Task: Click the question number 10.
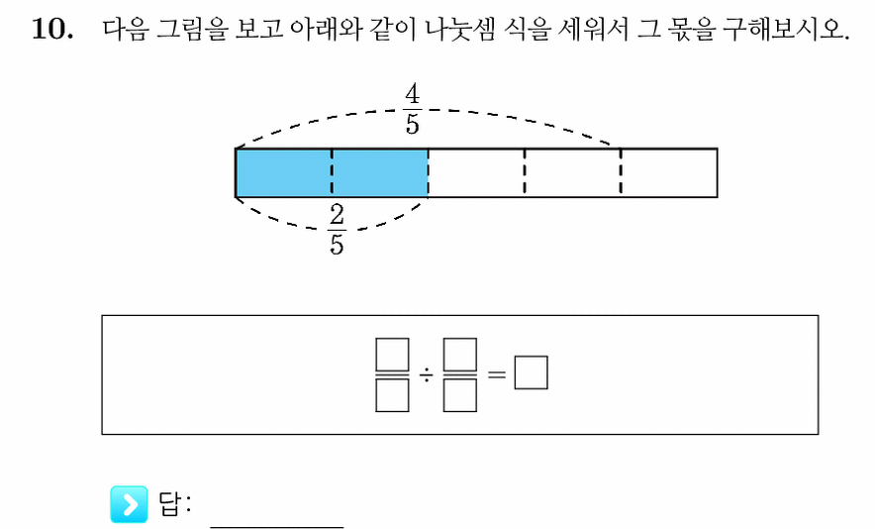tap(51, 29)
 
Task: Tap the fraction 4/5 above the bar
tap(413, 110)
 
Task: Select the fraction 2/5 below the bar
tap(337, 230)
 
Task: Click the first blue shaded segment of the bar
tap(283, 172)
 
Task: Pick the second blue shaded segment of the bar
tap(380, 172)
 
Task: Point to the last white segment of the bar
tap(669, 172)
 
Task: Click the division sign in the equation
tap(427, 374)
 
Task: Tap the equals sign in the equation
tap(496, 373)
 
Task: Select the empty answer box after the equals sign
tap(531, 372)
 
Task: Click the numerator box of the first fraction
tap(392, 355)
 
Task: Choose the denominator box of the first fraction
tap(392, 395)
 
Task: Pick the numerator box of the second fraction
tap(460, 355)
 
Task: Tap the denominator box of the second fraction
tap(460, 395)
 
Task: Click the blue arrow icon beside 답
tap(130, 504)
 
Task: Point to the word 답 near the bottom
tap(169, 504)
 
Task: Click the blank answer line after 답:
tap(277, 526)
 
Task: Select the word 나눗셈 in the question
tap(460, 29)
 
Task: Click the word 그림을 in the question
tap(191, 29)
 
